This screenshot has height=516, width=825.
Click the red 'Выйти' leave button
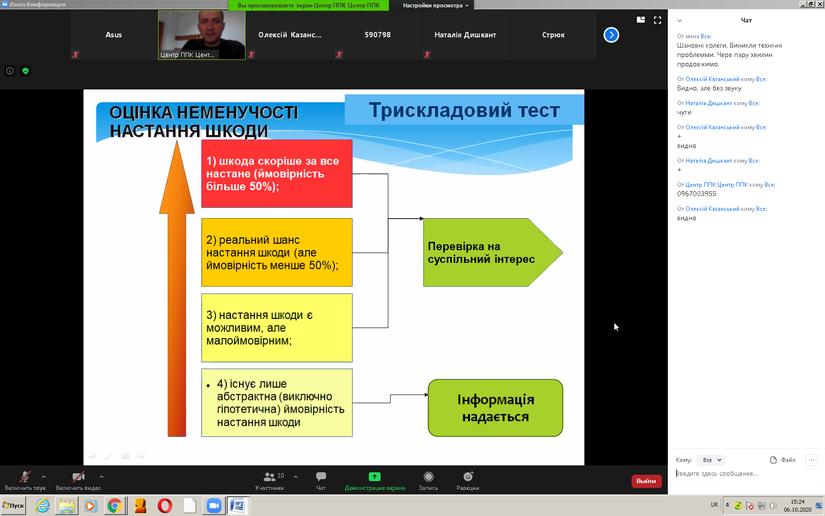point(646,481)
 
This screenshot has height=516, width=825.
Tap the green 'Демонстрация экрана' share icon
point(374,477)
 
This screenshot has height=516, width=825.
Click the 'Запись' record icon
point(428,477)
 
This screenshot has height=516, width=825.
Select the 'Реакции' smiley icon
point(468,477)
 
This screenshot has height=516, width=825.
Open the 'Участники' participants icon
point(269,477)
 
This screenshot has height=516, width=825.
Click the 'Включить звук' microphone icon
point(25,477)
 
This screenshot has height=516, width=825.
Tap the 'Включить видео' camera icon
point(79,477)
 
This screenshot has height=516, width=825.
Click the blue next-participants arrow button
point(611,35)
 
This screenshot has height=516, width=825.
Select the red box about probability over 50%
point(276,173)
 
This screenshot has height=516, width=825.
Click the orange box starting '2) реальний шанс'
point(276,253)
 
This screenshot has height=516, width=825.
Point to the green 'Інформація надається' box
point(495,408)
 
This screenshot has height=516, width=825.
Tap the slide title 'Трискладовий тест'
point(464,110)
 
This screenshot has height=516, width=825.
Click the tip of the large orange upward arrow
point(177,141)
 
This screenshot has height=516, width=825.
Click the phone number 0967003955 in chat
point(696,194)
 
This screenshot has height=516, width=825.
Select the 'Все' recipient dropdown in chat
point(711,460)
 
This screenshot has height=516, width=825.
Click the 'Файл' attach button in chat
point(783,460)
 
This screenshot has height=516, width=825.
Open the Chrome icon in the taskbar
point(115,506)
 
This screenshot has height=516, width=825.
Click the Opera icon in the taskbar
point(165,506)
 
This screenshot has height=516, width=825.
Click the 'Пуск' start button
point(14,506)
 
